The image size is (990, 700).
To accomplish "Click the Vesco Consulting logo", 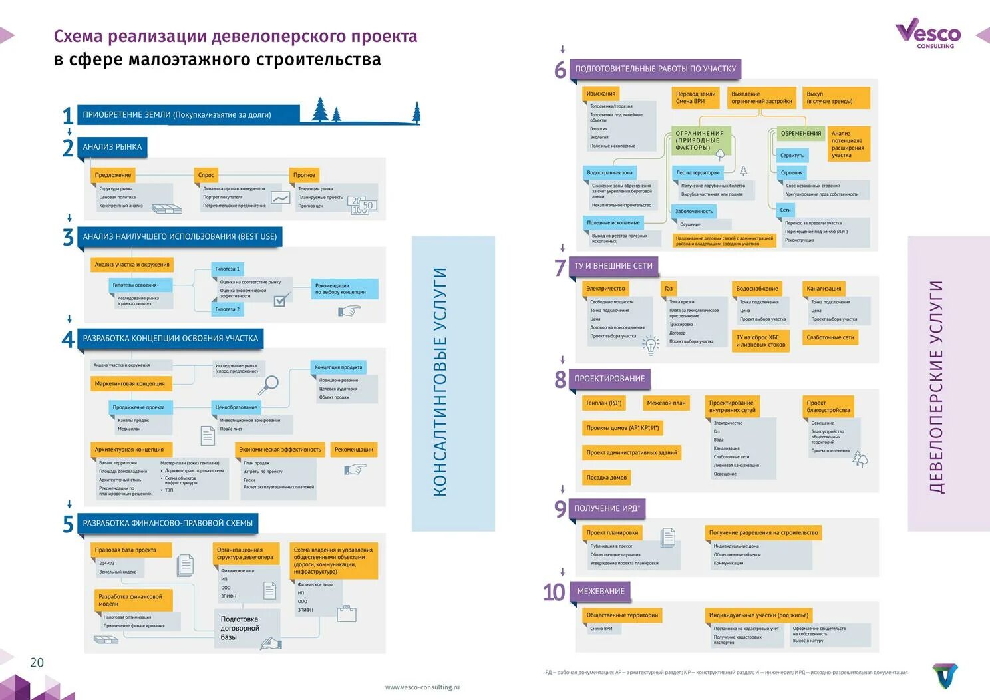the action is (928, 33).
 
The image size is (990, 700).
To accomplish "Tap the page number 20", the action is (37, 662).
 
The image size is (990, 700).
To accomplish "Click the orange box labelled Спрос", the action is (206, 175).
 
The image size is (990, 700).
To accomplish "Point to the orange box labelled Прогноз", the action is (304, 175).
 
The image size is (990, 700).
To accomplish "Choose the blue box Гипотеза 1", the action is (227, 269).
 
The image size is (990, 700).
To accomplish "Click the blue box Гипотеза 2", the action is (227, 309).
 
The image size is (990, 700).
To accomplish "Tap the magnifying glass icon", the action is (269, 385).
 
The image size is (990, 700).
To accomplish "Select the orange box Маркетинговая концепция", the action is (130, 383).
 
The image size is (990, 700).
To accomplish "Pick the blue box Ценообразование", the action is (236, 407).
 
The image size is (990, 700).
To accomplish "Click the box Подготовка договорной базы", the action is (240, 628).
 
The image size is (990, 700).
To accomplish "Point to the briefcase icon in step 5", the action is (346, 613).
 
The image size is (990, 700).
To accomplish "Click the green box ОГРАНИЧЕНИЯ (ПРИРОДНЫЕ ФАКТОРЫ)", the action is (700, 140).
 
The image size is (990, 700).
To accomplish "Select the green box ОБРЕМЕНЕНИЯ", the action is (800, 133).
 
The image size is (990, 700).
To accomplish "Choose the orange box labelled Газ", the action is (669, 288).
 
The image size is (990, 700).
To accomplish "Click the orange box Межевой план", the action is (666, 403).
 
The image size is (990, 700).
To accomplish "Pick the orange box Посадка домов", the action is (606, 477).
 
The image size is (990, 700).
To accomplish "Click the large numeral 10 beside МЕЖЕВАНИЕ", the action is (554, 592).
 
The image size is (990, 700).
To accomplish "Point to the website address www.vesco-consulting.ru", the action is (422, 687).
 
